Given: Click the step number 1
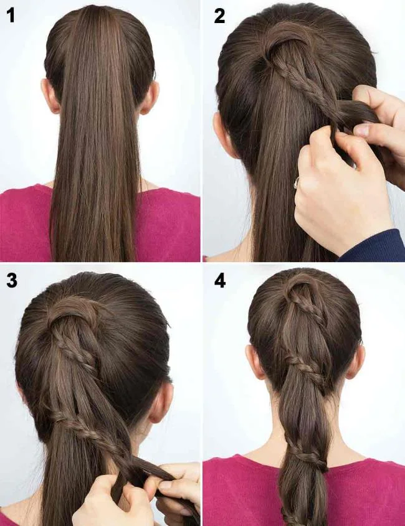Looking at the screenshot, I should coord(11,16).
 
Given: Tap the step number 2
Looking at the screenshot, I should coord(219,16).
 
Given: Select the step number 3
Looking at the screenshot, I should coord(12,280).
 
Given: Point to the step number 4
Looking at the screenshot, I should coord(219,280).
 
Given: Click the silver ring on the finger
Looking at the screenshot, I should coord(297,182).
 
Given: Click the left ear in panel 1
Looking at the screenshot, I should coord(49,96).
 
